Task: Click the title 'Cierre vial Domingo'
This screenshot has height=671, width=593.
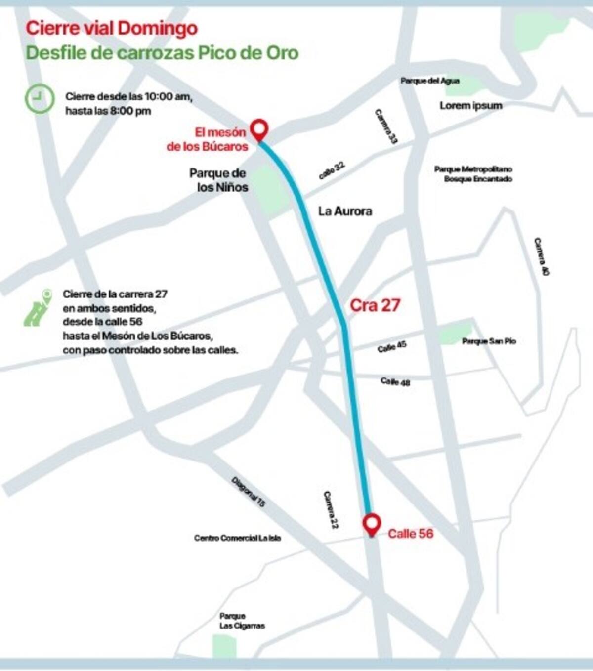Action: (x=112, y=28)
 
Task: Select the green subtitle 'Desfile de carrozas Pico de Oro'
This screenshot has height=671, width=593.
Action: (x=162, y=53)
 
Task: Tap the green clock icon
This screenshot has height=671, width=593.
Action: (x=40, y=98)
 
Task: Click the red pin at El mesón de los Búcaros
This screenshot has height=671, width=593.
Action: (x=259, y=129)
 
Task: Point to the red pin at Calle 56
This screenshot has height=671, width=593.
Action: (x=371, y=524)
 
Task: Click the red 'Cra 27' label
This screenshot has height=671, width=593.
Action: (x=375, y=305)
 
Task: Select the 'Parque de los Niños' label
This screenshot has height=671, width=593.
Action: (x=218, y=180)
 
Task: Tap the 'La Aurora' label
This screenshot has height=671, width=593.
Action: (x=345, y=211)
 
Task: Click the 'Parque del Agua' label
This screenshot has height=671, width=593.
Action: (x=429, y=81)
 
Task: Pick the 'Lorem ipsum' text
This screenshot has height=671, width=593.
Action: (x=470, y=105)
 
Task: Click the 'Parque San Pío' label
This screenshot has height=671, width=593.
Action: (x=489, y=341)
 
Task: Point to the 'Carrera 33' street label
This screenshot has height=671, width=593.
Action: (x=385, y=126)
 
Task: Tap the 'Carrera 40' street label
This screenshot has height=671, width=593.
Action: (x=541, y=256)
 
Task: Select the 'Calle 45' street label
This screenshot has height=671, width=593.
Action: (x=392, y=346)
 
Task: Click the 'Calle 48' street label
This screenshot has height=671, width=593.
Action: (x=395, y=381)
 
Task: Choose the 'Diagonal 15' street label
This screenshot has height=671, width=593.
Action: (x=248, y=492)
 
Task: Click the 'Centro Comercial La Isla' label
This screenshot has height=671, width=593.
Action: (x=237, y=538)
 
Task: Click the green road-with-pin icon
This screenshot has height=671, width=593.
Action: (x=38, y=308)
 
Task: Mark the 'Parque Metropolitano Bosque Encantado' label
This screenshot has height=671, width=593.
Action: (x=473, y=174)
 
